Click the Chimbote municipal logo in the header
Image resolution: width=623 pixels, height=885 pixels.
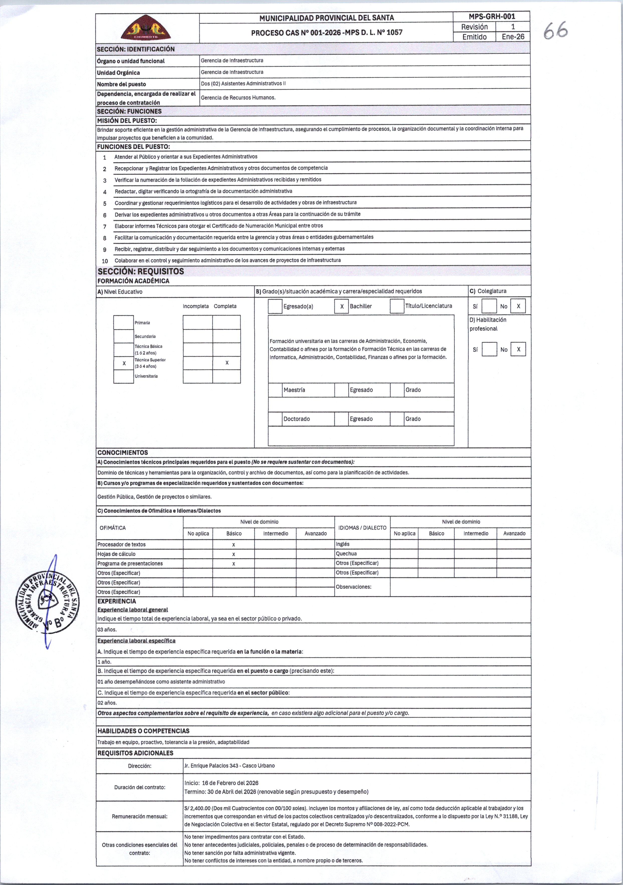[x=146, y=28]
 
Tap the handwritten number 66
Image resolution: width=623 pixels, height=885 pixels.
[x=556, y=30]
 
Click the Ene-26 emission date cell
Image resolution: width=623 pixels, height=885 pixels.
[x=513, y=37]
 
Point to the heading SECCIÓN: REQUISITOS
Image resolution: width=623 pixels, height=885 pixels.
[x=141, y=271]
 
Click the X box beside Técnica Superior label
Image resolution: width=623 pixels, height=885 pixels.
[x=124, y=363]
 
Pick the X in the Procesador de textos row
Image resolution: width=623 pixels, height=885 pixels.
[x=234, y=545]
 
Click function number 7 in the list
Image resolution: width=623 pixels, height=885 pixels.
[x=105, y=226]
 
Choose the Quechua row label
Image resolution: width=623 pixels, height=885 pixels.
[x=346, y=554]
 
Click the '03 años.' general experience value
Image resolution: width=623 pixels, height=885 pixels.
[x=107, y=629]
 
